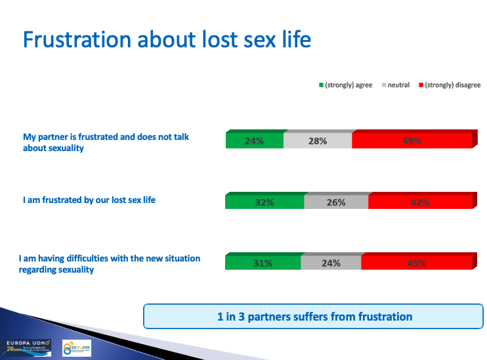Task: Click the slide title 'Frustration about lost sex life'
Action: point(167,39)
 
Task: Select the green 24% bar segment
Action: point(255,141)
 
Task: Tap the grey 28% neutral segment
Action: point(318,141)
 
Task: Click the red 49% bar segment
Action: point(412,141)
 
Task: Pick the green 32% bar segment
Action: point(265,202)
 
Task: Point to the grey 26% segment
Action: point(336,202)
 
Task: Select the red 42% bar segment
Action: point(420,202)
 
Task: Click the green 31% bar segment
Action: point(263,263)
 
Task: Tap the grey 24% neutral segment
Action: point(331,263)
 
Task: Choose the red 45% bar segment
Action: point(416,263)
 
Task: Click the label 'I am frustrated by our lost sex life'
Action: point(89,199)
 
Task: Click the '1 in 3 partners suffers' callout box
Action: point(314,317)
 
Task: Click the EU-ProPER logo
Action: point(76,348)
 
